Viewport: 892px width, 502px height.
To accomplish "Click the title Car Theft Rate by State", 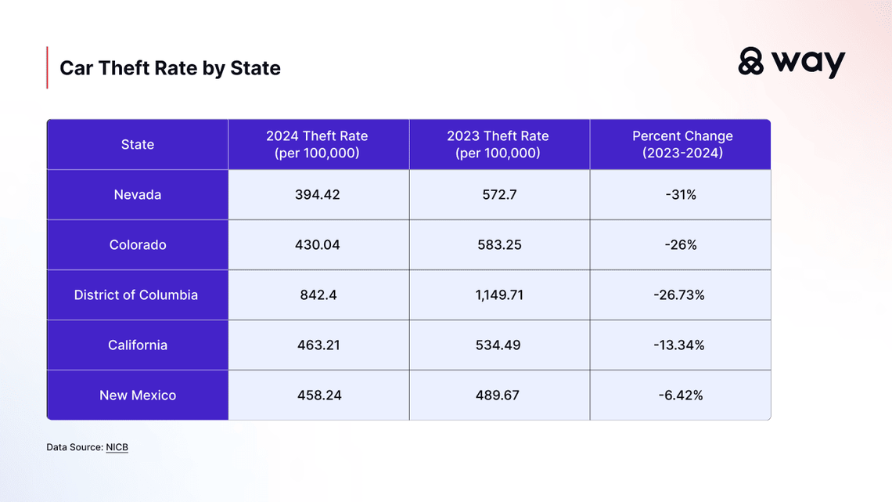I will (170, 68).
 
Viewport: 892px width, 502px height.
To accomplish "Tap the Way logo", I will (791, 62).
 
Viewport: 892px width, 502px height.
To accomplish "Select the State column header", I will (138, 144).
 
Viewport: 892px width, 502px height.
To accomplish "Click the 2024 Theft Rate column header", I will (318, 144).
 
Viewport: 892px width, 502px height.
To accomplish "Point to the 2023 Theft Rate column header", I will (498, 144).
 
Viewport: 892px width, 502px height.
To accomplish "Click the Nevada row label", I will (138, 194).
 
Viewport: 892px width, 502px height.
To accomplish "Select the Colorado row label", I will (138, 244).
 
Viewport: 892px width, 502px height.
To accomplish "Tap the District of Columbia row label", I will (136, 295).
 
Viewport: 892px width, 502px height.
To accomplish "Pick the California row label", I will (138, 345).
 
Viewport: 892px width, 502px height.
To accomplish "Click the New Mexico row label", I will (138, 395).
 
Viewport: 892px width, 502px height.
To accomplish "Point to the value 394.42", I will (318, 194).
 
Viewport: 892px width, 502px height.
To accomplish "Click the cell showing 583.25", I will (498, 244).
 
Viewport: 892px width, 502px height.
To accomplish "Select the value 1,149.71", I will (498, 295).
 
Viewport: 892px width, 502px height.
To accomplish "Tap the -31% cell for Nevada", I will (680, 194).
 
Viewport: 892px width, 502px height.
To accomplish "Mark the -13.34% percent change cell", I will (680, 345).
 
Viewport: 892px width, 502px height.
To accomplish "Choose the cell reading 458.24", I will (318, 395).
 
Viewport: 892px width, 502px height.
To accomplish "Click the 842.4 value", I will (318, 295).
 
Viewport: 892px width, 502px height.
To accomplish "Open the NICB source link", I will (117, 447).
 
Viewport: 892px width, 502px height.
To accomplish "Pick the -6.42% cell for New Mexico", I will (680, 395).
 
